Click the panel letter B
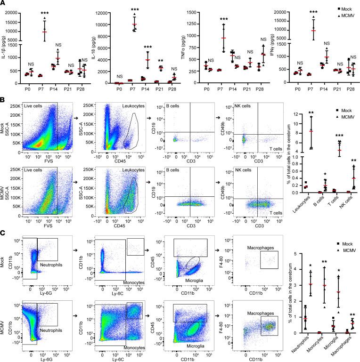coord(4,100)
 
